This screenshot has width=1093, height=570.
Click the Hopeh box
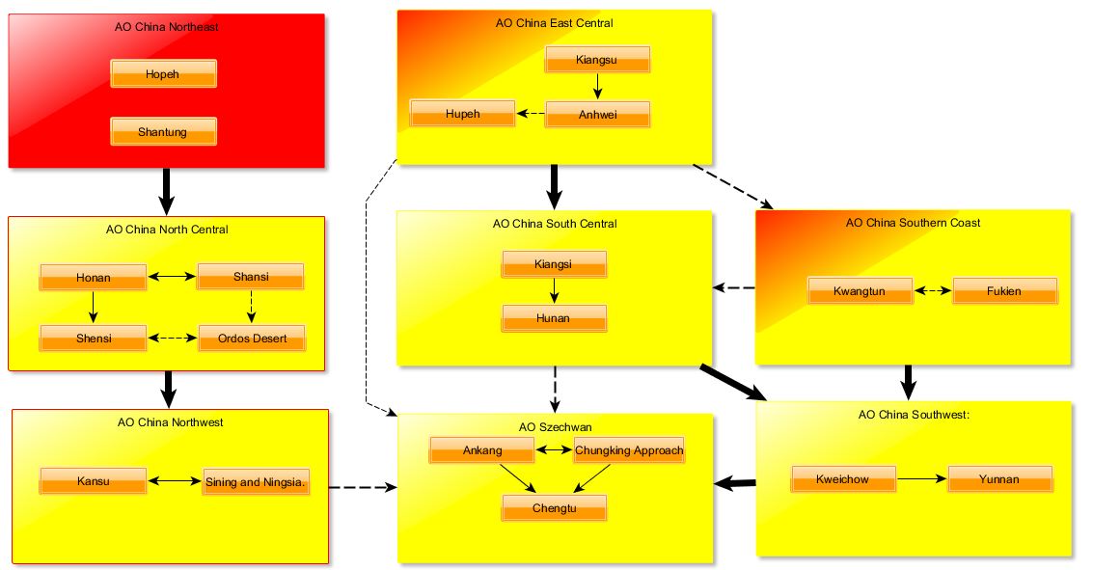click(163, 74)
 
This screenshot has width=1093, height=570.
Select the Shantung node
click(163, 132)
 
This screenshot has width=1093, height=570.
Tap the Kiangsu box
click(597, 59)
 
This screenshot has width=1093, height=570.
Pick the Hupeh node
click(462, 114)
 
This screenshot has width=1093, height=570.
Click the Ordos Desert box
click(253, 338)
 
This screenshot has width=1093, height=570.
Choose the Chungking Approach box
click(629, 450)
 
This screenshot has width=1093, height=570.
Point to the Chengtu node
click(554, 508)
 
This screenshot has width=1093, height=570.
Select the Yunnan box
click(999, 479)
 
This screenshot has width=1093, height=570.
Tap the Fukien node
click(1004, 290)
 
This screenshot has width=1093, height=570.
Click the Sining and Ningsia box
click(255, 481)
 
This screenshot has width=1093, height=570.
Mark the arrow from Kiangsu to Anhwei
click(597, 87)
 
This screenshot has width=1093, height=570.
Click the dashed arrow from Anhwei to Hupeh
click(531, 114)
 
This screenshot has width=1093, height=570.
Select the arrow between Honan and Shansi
click(172, 277)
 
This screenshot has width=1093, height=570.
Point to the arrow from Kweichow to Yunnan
click(921, 479)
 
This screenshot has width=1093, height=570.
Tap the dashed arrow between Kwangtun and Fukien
click(933, 290)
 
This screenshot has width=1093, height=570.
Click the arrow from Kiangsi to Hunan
click(554, 291)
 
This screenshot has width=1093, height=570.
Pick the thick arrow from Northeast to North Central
click(166, 192)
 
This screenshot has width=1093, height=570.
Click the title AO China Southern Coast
click(913, 223)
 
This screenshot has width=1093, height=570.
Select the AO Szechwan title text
click(555, 427)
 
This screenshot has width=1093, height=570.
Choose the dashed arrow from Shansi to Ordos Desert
click(251, 308)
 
